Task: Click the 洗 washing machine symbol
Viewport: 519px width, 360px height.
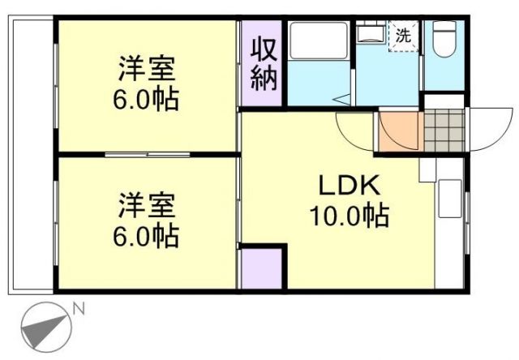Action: point(403,36)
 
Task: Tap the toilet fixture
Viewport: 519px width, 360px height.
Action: point(444,39)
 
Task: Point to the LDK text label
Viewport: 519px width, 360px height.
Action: point(348,187)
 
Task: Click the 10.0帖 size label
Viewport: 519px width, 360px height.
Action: point(348,216)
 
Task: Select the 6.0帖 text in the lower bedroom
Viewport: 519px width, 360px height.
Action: point(147,236)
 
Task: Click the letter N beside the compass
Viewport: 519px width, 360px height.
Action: point(78,308)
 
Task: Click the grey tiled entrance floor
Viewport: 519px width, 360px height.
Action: point(443,126)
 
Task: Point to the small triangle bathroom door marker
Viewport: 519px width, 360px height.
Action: point(345,100)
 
